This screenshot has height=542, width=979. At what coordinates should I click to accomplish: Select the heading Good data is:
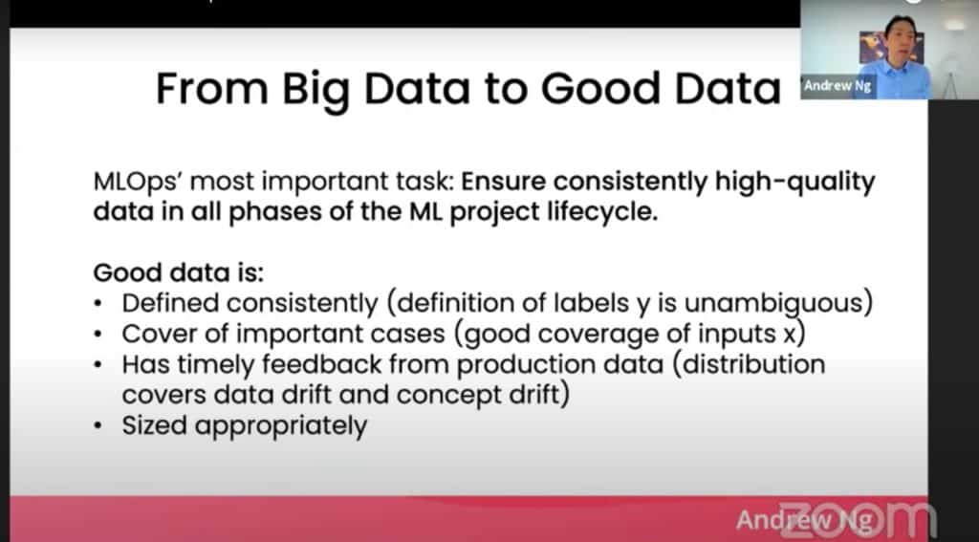(179, 272)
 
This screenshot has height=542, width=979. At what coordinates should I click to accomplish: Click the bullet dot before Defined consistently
(98, 304)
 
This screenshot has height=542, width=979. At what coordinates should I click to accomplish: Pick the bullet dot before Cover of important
(98, 335)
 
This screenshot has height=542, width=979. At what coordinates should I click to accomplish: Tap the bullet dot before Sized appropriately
(98, 426)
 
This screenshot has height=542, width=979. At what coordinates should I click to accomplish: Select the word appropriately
(281, 427)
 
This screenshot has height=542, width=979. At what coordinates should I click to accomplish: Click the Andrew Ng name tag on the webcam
(838, 85)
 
